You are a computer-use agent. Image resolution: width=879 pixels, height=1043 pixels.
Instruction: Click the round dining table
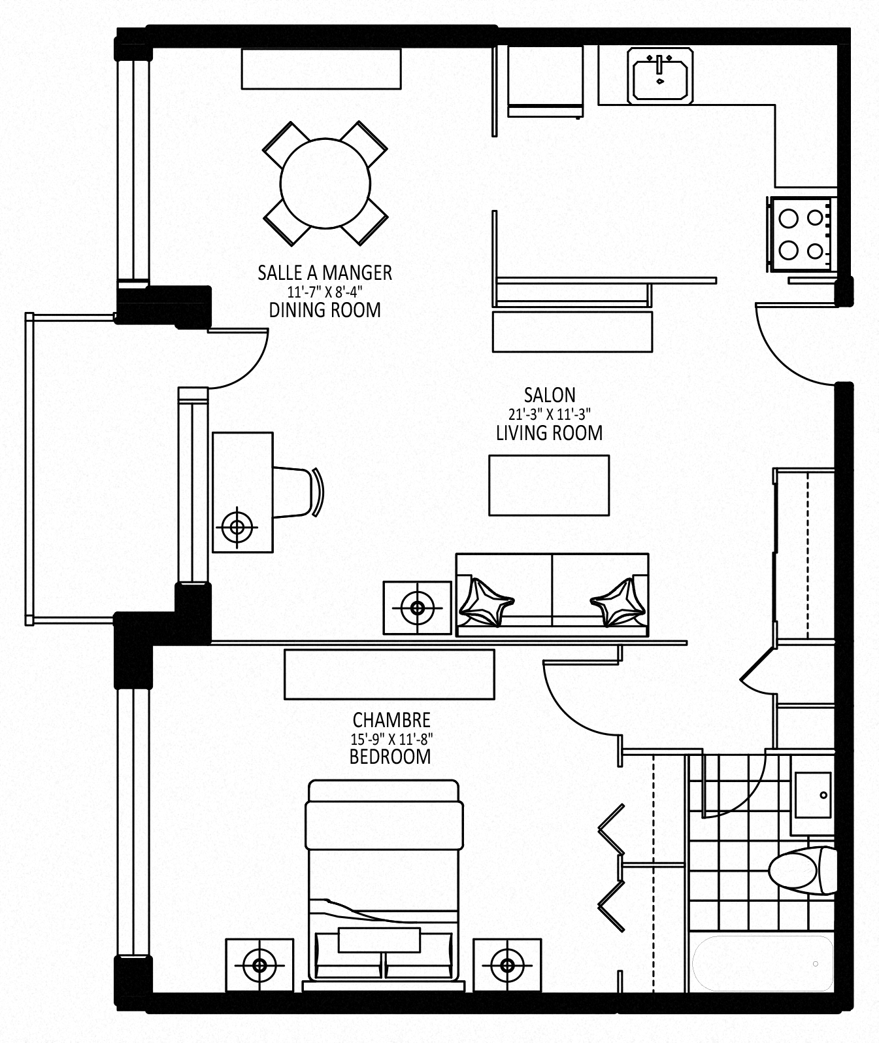point(325,183)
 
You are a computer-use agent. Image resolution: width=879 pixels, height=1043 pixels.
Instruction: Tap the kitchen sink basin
point(660,76)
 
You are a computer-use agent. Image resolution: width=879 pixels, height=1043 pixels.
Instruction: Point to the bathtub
point(762,963)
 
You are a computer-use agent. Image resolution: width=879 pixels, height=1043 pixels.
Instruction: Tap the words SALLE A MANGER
point(325,273)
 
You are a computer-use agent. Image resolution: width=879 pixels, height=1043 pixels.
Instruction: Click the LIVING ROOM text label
point(549,433)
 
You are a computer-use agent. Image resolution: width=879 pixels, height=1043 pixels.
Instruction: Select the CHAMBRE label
point(391,720)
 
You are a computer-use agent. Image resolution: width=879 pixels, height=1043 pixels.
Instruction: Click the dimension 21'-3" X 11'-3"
point(549,414)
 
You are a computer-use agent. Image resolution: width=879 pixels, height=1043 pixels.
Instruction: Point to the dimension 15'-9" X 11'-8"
point(391,738)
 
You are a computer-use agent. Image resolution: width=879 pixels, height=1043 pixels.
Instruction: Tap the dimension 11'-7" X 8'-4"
point(324,292)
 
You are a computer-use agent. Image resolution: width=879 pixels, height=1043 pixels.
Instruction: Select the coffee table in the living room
point(549,485)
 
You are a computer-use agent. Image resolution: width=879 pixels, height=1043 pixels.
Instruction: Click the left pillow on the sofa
point(486,602)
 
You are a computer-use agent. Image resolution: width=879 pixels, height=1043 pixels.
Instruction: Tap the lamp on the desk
point(237,527)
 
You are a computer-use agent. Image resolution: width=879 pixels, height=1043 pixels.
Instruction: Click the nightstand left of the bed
point(259,966)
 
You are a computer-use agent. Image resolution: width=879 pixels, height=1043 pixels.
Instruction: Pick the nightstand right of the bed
point(507,966)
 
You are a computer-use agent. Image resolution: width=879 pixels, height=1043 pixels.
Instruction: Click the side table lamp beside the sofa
point(418,608)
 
